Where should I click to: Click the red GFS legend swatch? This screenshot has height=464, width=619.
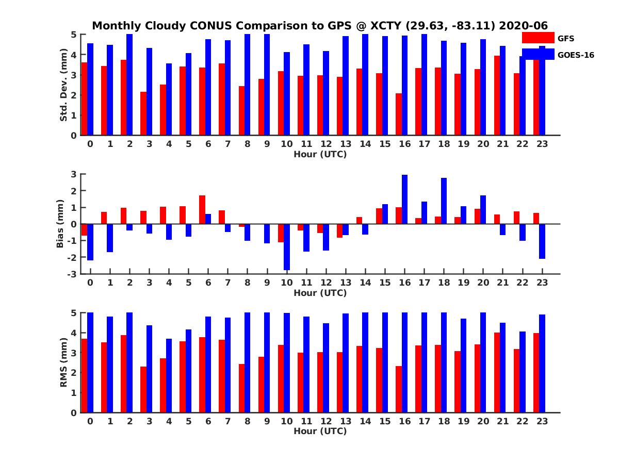(537, 38)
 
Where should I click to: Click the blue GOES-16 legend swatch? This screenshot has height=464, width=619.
(537, 54)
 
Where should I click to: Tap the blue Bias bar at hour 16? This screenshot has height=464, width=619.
(404, 199)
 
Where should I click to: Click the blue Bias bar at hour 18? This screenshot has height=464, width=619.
(444, 201)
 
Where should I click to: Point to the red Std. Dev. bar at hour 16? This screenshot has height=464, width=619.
(398, 114)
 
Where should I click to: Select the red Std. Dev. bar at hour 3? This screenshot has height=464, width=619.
(143, 113)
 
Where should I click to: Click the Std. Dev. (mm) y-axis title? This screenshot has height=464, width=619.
(64, 85)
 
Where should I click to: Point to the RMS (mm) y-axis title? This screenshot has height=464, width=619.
(64, 362)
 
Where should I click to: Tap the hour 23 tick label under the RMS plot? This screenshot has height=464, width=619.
(542, 421)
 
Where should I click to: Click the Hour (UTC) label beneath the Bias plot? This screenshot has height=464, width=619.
(320, 293)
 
